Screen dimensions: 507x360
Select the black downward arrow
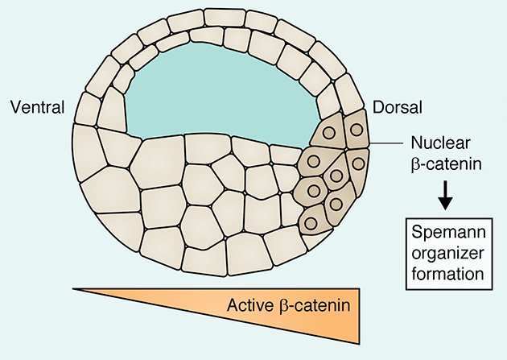(x=443, y=194)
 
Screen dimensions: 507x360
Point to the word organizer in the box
(x=445, y=255)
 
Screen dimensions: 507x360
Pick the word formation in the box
(x=445, y=273)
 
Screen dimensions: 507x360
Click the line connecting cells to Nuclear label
(x=385, y=145)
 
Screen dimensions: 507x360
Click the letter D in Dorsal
(x=378, y=106)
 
